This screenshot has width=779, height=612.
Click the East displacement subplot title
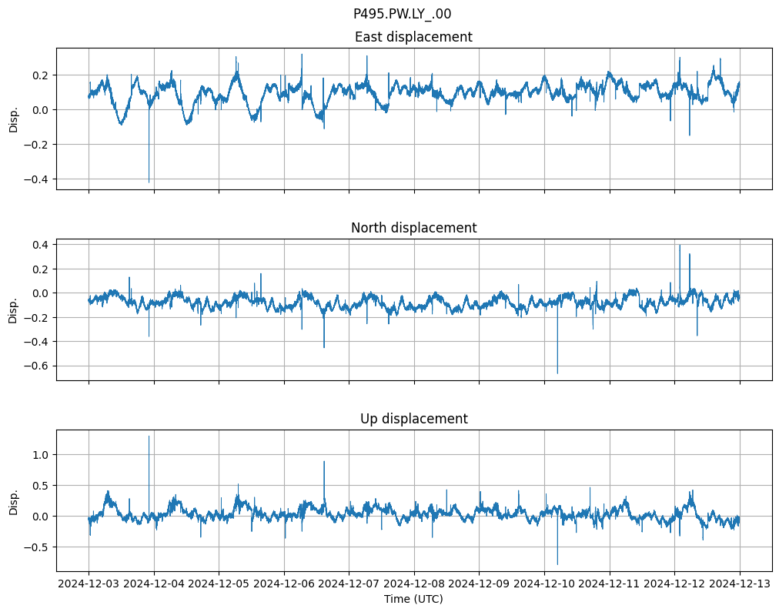(413, 37)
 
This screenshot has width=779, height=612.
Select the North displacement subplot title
(413, 228)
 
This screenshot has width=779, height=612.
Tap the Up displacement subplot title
(413, 419)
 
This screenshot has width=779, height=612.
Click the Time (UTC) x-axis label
(413, 599)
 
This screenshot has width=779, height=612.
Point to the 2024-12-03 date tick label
(89, 584)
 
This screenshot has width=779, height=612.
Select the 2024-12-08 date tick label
(414, 584)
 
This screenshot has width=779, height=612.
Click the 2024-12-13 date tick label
(740, 584)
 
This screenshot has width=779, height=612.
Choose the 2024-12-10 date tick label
(544, 584)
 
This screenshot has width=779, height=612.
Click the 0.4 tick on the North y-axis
(39, 245)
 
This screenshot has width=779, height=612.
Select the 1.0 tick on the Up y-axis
(39, 455)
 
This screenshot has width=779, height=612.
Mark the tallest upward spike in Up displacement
(149, 436)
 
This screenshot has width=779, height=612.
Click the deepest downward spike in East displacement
(149, 182)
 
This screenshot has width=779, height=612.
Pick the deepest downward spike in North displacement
(557, 373)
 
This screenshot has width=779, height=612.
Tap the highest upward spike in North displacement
(680, 246)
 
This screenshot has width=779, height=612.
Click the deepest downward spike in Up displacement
(557, 564)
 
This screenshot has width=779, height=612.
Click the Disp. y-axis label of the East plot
(13, 119)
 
